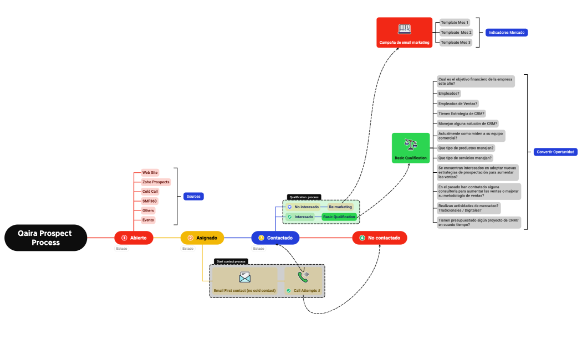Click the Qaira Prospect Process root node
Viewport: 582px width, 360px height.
point(46,238)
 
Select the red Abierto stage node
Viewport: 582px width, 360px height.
point(134,238)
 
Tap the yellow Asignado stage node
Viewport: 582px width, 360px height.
point(202,238)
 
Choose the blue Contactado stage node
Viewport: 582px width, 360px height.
point(275,238)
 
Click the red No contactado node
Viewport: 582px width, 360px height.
point(380,238)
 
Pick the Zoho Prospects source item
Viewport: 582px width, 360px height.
point(156,182)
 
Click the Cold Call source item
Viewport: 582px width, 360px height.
point(150,191)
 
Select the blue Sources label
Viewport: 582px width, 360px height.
point(193,196)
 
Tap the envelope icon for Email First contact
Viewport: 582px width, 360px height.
point(245,277)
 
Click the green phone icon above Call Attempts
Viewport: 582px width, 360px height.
point(303,276)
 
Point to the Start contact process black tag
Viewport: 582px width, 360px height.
point(231,261)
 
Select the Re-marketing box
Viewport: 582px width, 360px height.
point(340,207)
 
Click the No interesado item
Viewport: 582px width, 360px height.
point(306,207)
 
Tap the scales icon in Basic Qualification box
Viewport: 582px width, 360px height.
point(411,144)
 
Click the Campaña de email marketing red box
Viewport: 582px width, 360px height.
point(404,32)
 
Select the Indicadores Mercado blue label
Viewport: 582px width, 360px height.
point(507,33)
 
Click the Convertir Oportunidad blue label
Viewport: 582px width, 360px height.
point(555,152)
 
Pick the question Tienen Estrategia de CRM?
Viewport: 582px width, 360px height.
point(461,114)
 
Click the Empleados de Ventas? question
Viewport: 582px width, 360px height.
point(457,104)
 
